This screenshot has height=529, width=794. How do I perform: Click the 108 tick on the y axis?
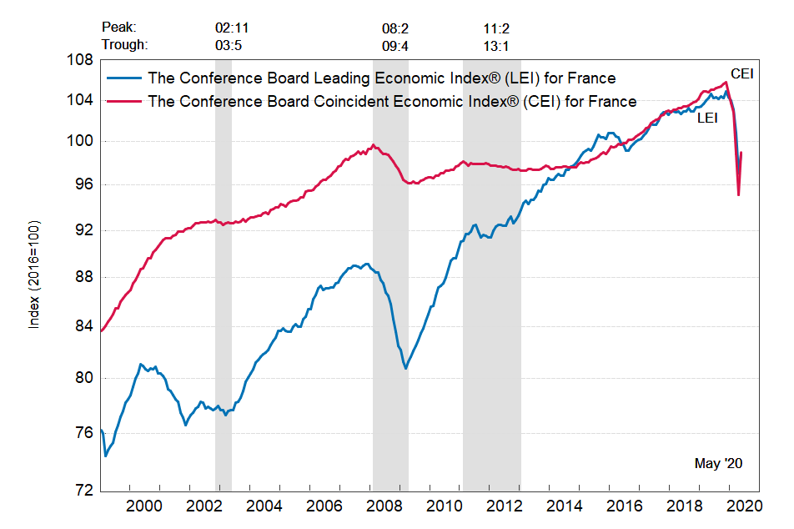81,61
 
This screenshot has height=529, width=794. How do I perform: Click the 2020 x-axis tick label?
744,506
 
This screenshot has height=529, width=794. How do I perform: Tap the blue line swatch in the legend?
124,78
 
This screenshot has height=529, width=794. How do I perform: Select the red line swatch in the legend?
124,101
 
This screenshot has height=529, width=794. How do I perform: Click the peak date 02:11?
232,28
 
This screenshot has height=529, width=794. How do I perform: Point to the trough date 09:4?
395,45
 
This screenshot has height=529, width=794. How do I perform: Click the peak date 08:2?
395,28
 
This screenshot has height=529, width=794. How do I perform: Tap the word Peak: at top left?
118,28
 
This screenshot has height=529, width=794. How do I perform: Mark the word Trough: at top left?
124,45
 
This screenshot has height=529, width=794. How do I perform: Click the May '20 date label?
718,462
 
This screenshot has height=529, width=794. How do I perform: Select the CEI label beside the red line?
741,73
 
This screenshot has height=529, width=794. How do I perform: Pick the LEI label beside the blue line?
707,118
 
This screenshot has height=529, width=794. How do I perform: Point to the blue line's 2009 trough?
406,368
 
